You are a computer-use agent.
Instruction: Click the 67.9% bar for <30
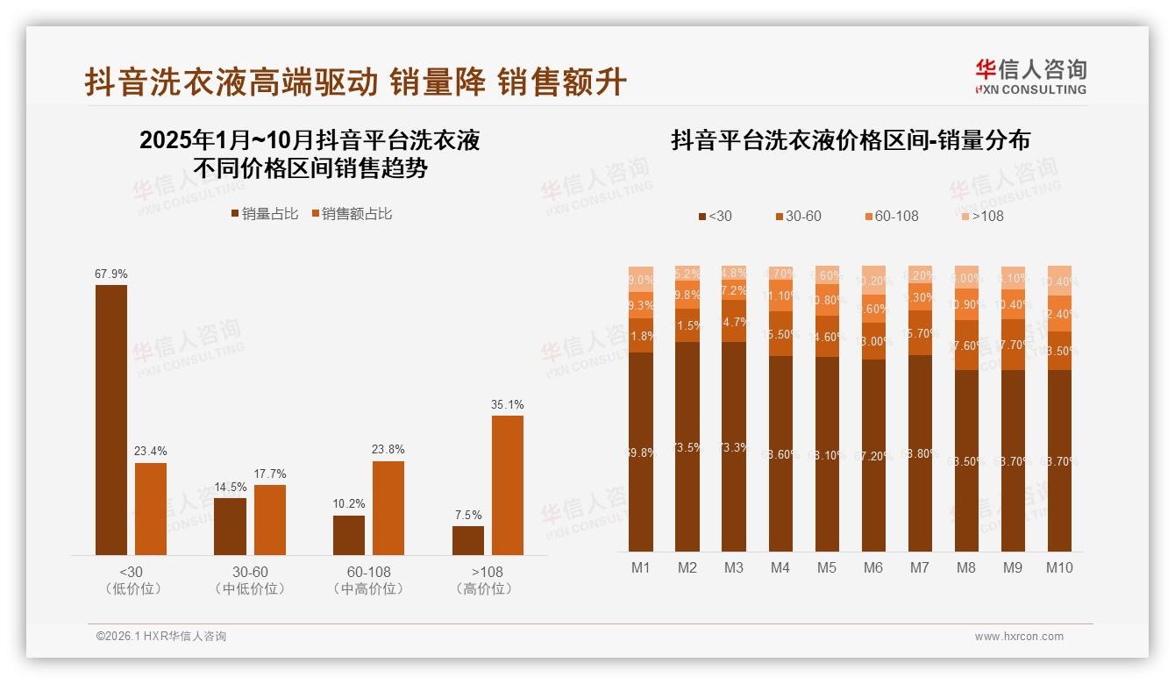tap(111, 419)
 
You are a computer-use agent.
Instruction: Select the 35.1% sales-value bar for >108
tap(507, 485)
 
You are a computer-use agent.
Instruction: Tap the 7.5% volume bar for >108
tap(467, 540)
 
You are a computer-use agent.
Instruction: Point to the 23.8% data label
tap(388, 450)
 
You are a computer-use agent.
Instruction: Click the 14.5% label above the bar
tap(230, 487)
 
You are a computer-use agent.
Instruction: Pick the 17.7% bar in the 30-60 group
tap(270, 519)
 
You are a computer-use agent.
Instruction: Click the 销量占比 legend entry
tap(264, 214)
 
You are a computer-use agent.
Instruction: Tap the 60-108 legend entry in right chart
tap(891, 216)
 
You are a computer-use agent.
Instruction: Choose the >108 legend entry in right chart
tap(981, 216)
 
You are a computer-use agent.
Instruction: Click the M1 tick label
tap(641, 567)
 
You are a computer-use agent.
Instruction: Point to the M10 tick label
tap(1059, 567)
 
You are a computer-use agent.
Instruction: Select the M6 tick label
tap(873, 567)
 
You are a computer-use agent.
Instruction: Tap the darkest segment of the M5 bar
tap(827, 453)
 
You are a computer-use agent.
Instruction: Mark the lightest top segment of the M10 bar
tap(1059, 281)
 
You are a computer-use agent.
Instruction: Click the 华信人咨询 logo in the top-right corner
tap(1030, 76)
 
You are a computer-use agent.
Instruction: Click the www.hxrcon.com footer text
tap(1019, 637)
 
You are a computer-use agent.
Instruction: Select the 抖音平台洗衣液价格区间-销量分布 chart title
tap(850, 140)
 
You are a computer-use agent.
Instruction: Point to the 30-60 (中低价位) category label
tap(250, 580)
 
